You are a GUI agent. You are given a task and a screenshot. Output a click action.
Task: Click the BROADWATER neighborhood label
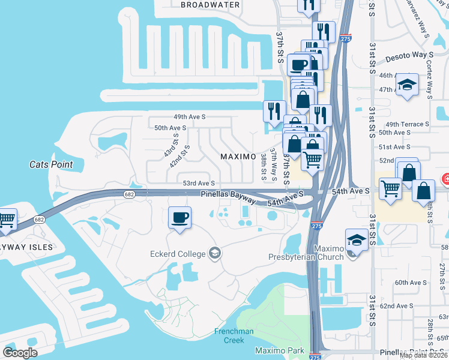click(x=210, y=5)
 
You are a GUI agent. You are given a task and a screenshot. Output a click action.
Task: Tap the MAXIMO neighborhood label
click(x=238, y=157)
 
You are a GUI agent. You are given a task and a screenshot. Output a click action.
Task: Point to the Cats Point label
click(x=51, y=164)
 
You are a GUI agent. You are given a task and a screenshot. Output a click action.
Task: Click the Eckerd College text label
click(x=178, y=253)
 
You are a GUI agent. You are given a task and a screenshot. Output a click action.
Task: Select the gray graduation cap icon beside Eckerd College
click(x=214, y=253)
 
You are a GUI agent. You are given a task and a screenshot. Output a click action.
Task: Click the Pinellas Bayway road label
click(x=228, y=195)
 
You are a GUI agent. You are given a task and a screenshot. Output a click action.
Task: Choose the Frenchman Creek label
click(x=234, y=335)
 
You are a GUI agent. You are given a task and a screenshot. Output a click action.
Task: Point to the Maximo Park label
click(x=280, y=350)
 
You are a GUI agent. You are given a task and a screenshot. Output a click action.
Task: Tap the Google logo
click(x=20, y=353)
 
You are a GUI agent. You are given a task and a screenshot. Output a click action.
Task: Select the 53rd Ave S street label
click(x=199, y=183)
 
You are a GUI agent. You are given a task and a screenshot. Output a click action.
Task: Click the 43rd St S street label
click(x=171, y=146)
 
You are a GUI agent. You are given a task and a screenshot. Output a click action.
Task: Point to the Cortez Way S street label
click(x=430, y=79)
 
